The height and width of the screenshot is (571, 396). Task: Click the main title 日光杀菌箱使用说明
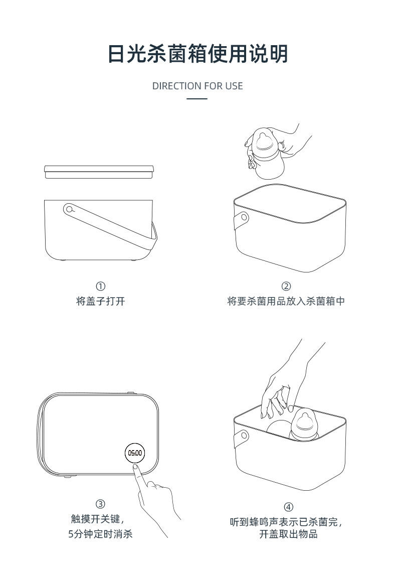198,54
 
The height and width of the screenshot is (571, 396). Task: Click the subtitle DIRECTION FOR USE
197,86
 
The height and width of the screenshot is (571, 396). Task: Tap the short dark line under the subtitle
197,98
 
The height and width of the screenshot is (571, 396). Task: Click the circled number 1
100,286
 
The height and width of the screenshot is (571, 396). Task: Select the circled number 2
286,286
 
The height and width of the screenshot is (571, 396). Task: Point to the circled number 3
100,504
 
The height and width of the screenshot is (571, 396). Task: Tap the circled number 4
288,507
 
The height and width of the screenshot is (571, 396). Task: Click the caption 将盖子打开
100,301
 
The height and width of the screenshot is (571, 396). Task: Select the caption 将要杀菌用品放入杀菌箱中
286,301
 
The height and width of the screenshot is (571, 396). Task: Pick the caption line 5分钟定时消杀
100,534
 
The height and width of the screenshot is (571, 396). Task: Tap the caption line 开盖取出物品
288,534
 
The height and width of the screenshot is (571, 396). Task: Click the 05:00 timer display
135,453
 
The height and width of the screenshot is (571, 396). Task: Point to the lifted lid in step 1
99,172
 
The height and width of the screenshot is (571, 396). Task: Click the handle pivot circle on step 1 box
69,209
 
